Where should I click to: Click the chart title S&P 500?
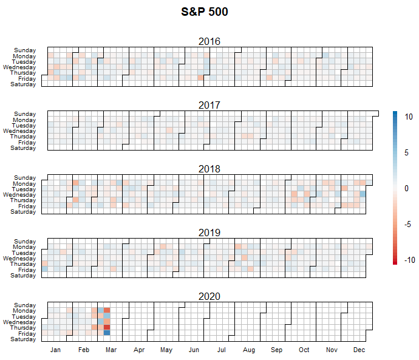click(205, 12)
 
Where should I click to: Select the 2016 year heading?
click(209, 41)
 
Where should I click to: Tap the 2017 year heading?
click(209, 105)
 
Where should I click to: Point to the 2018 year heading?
click(209, 169)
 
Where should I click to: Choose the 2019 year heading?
click(209, 233)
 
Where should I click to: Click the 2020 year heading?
click(209, 296)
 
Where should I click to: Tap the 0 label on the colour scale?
click(407, 188)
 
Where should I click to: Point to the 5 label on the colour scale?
click(407, 152)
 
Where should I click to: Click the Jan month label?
click(55, 350)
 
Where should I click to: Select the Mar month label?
click(111, 350)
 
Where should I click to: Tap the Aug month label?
click(248, 350)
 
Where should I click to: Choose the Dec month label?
click(359, 350)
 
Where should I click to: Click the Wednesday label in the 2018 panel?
click(20, 195)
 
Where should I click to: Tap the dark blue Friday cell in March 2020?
click(107, 333)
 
